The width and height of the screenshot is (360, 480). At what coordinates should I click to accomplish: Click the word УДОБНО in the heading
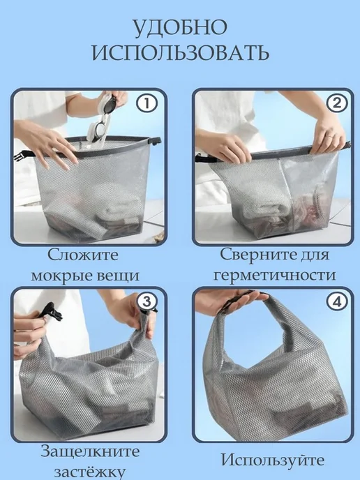[x=180, y=28]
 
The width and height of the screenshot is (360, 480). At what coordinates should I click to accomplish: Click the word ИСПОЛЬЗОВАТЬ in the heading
[x=181, y=52]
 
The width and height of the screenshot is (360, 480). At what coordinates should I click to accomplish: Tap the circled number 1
[x=147, y=103]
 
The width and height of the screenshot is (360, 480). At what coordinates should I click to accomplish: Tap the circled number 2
[x=337, y=103]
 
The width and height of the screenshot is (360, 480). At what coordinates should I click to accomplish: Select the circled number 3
[x=147, y=302]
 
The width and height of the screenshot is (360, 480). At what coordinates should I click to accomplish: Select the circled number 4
[x=337, y=302]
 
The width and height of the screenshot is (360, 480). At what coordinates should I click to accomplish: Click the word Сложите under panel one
[x=83, y=255]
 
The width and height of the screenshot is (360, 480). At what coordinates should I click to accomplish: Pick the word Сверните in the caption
[x=260, y=255]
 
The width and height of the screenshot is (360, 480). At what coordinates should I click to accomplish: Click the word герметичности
[x=275, y=275]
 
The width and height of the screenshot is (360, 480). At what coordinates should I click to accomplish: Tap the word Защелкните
[x=90, y=451]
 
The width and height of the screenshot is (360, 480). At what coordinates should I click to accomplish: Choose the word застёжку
[x=90, y=472]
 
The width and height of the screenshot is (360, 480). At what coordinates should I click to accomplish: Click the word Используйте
[x=273, y=460]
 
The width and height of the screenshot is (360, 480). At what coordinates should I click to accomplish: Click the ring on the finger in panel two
[x=329, y=135]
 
